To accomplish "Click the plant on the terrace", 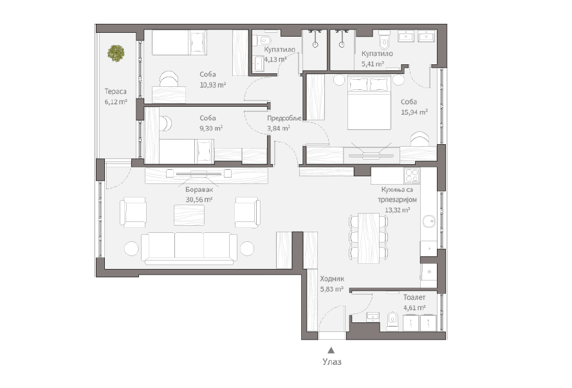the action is click(116, 53).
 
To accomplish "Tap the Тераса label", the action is click(116, 91).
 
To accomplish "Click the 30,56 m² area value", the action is click(199, 199).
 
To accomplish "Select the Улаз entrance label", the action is click(332, 362).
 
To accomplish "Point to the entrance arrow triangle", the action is click(331, 350).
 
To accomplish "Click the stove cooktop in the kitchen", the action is click(412, 176).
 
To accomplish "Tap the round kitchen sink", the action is click(429, 221).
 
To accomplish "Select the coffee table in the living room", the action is click(189, 215).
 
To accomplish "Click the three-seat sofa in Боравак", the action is click(189, 248).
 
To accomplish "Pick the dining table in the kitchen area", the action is click(369, 238).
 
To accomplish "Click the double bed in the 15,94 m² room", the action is click(369, 102).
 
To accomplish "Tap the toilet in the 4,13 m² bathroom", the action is click(263, 39).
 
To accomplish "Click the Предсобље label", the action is click(284, 118).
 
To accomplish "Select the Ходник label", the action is click(332, 279).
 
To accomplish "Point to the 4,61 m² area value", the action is click(414, 308).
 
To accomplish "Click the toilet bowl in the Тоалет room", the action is click(392, 320).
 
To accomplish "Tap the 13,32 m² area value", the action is click(397, 210).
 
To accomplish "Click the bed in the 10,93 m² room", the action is click(179, 42).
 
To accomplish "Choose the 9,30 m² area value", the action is click(211, 128).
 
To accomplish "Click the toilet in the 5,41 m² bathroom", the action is click(385, 40).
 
